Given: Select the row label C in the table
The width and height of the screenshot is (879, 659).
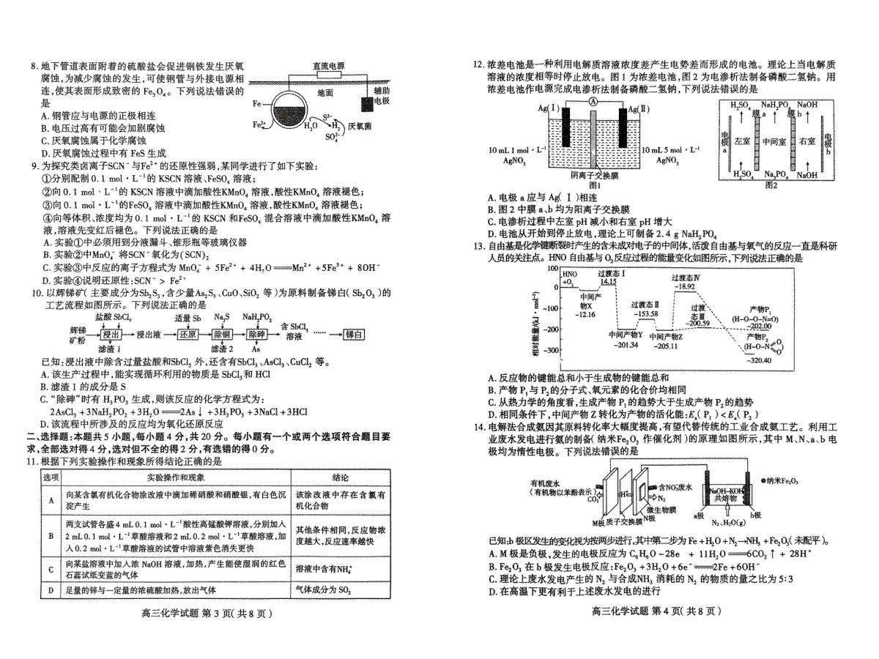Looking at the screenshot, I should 51,567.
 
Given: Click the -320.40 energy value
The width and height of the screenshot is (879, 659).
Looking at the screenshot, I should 758,360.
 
